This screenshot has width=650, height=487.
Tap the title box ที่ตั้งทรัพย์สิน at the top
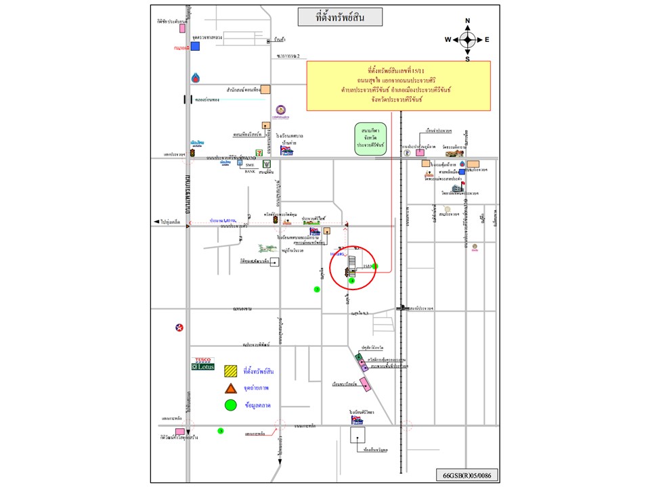340,16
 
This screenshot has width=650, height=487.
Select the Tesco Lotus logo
204,364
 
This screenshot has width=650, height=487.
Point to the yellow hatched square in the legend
231,371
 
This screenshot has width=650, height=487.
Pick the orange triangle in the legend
231,388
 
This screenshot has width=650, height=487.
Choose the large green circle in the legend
231,405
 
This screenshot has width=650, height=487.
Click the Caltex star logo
179,328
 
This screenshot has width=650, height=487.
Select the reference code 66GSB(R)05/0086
466,476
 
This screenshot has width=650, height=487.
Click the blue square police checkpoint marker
195,46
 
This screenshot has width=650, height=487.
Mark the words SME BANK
250,168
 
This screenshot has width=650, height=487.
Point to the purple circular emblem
281,110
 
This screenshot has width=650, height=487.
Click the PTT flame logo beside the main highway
196,78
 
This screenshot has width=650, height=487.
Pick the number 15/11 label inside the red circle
368,266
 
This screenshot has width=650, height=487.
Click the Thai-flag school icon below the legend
357,420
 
